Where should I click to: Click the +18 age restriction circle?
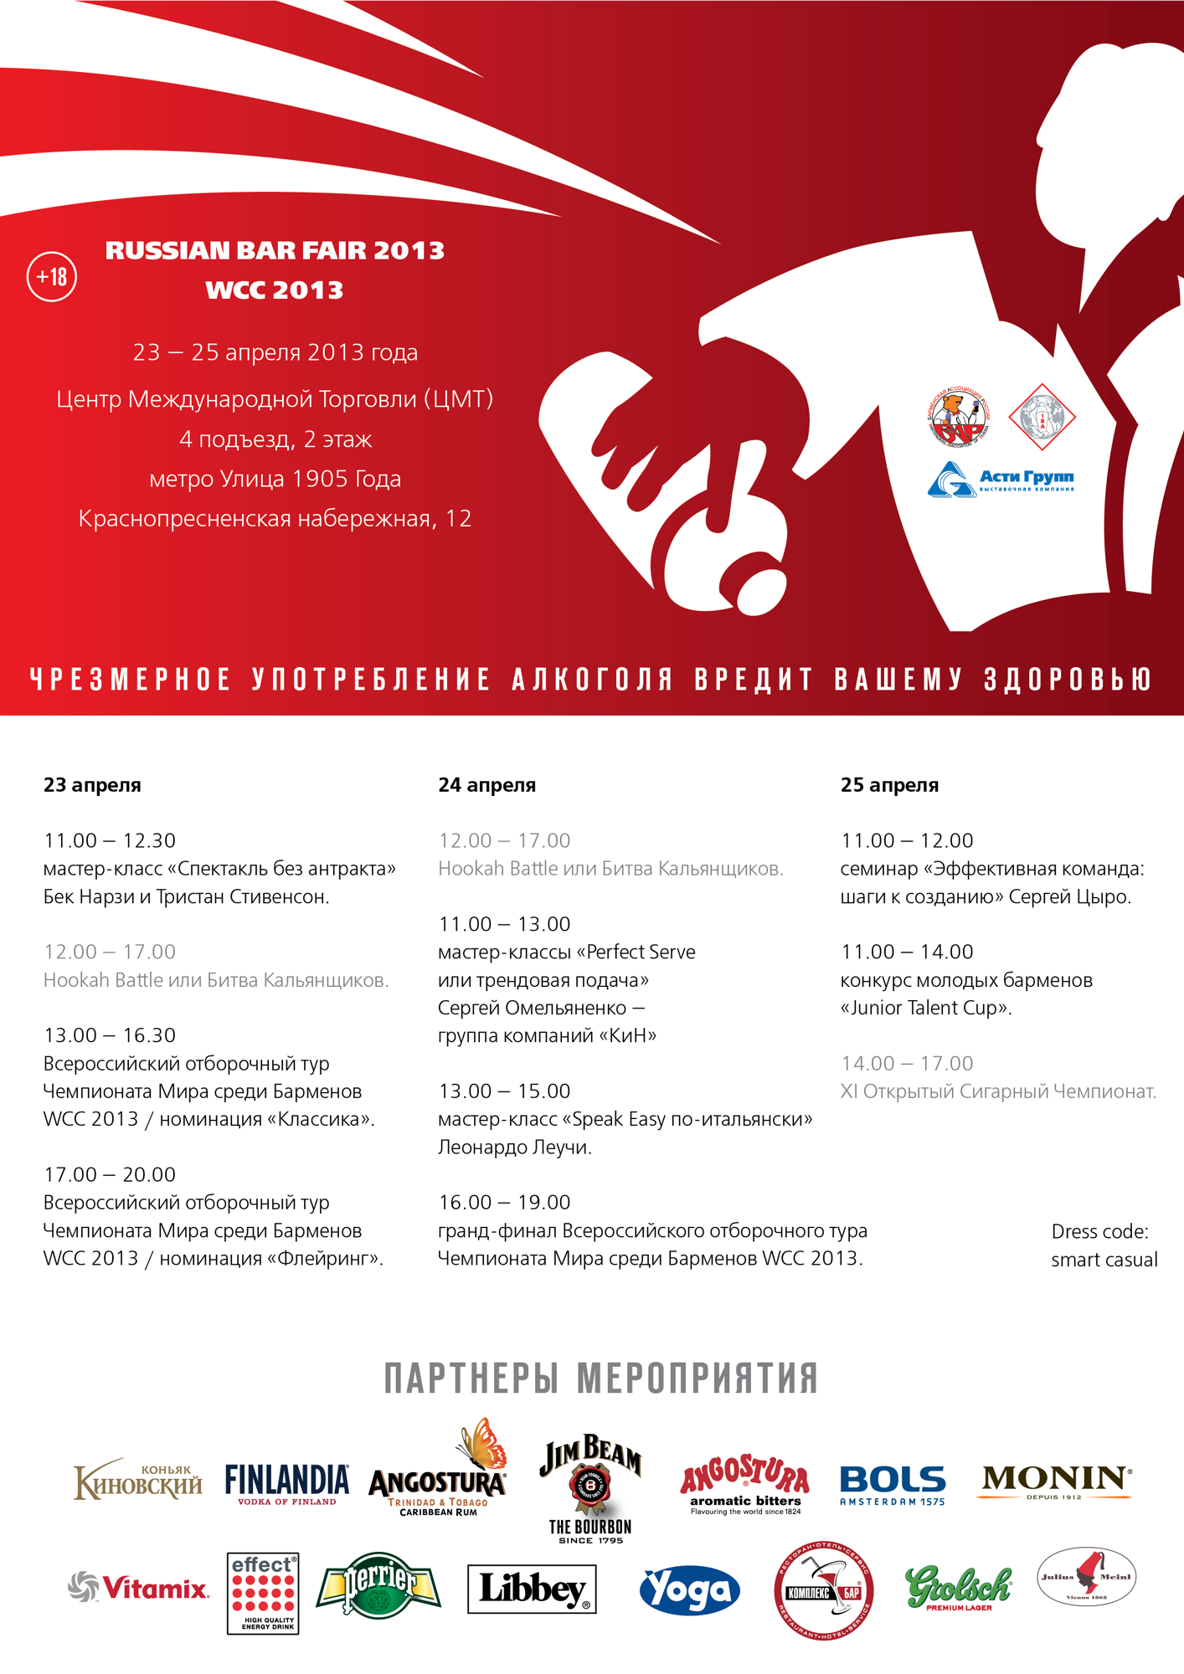click(x=52, y=276)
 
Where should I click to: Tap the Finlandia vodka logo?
click(x=287, y=1483)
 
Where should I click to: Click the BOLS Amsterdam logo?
click(x=893, y=1485)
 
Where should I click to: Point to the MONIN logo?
click(x=1055, y=1481)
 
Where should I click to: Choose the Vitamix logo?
click(x=139, y=1587)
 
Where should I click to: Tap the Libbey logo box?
click(x=532, y=1589)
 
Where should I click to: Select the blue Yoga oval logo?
click(x=690, y=1589)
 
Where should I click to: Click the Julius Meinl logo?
click(x=1086, y=1577)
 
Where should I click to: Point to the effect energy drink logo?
click(x=263, y=1593)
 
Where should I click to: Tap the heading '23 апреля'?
click(x=92, y=785)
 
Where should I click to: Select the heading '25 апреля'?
click(x=889, y=785)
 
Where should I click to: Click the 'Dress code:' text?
click(x=1099, y=1231)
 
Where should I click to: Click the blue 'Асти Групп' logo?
click(x=1001, y=480)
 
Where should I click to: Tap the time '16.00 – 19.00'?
click(x=504, y=1202)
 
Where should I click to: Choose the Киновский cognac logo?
click(x=138, y=1481)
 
